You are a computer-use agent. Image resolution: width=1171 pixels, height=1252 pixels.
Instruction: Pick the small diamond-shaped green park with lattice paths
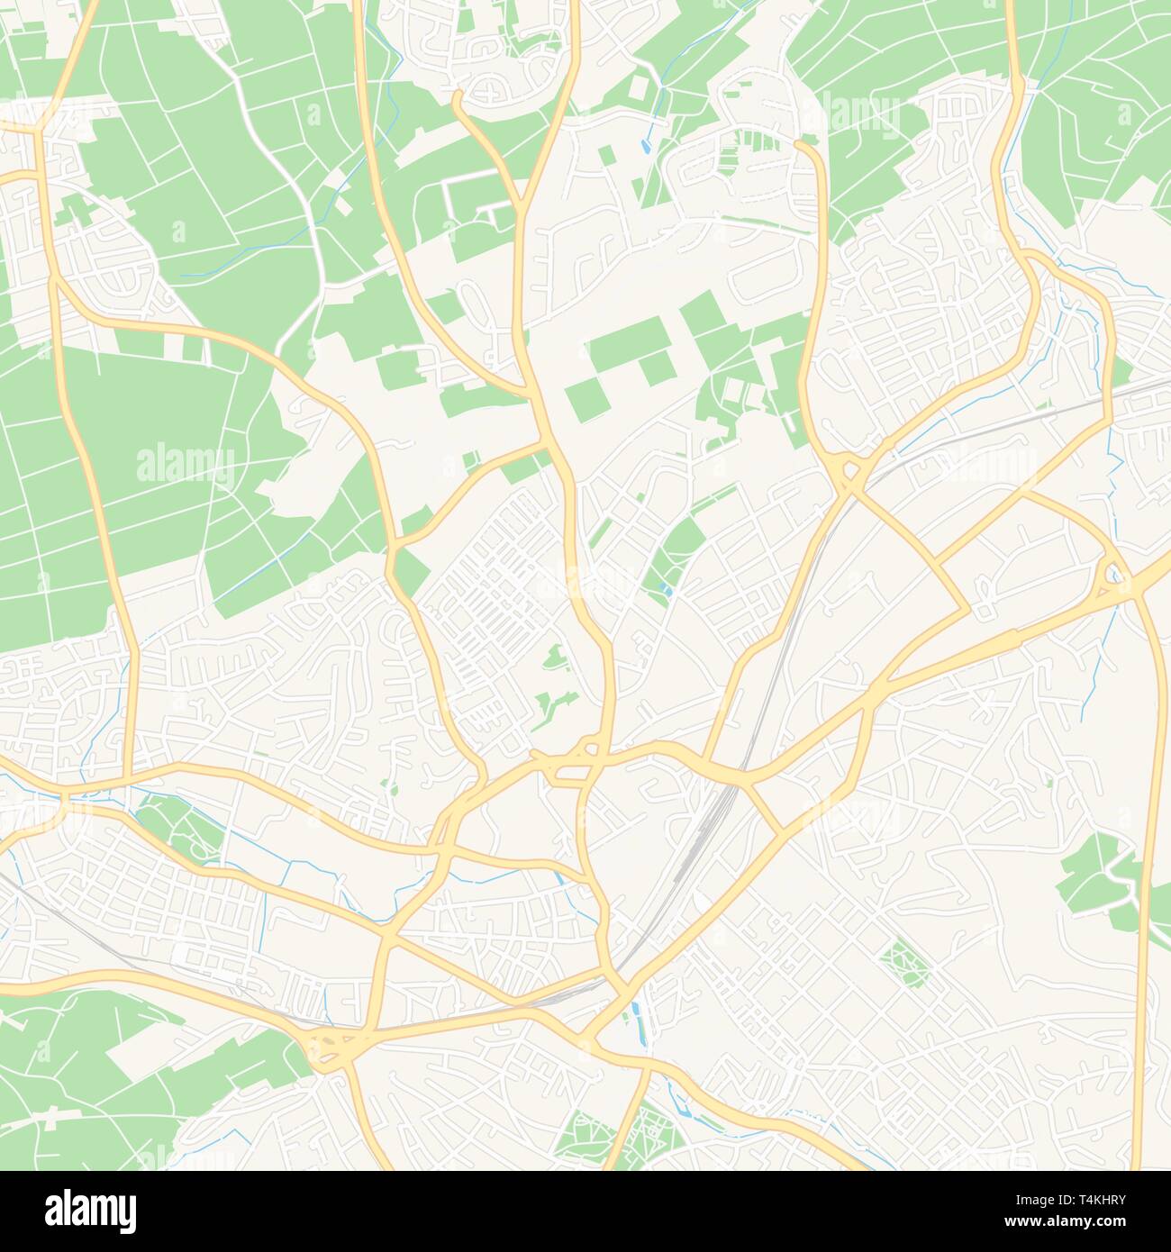click(903, 965)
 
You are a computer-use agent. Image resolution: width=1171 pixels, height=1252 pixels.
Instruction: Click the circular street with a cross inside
click(491, 91)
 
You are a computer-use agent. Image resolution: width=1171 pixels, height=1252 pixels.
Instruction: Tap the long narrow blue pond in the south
click(639, 1022)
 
